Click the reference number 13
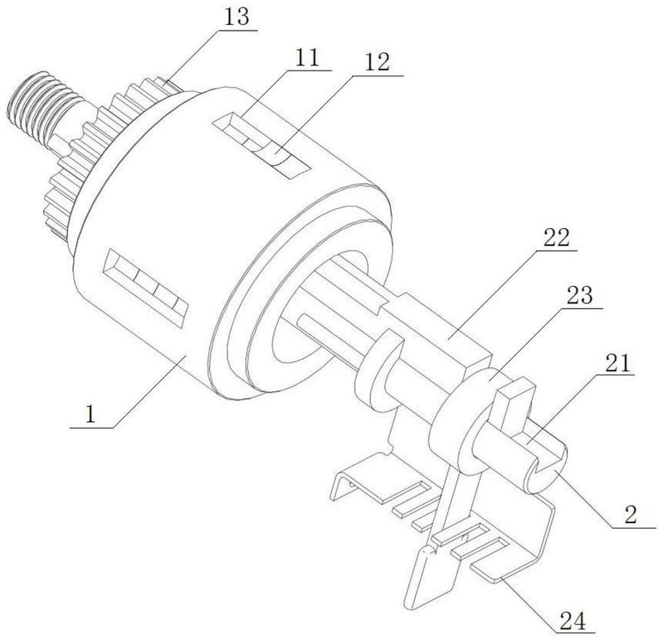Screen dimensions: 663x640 point(236,17)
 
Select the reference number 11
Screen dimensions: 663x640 point(307,57)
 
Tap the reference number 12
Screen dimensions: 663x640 point(378,63)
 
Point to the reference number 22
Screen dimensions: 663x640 point(557,238)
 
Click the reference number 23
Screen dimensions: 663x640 point(580,296)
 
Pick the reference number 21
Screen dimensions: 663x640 point(617,363)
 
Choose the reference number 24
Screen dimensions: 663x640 point(573,621)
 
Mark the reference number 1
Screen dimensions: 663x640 point(90,414)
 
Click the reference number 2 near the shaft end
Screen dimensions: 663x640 point(631,514)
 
